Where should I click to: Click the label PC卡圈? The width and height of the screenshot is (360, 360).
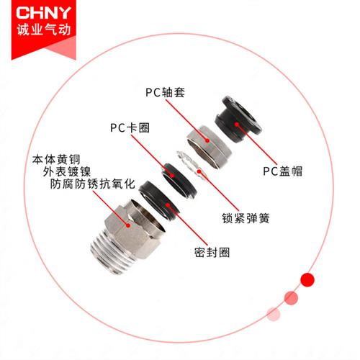125,128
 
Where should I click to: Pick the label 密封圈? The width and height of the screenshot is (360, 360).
212,253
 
